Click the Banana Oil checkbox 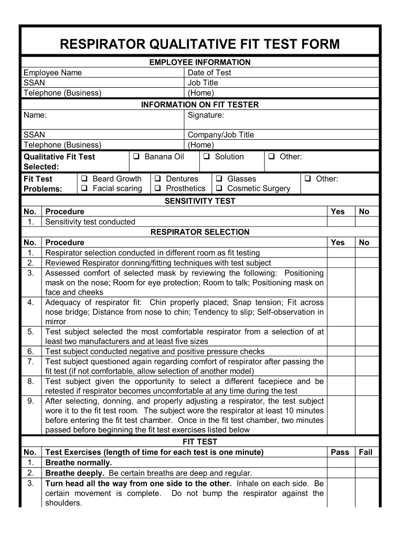136,157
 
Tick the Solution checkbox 207,157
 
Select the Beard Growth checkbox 84,179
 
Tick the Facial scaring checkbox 84,188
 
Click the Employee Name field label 52,73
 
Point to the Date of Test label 209,73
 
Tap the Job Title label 203,82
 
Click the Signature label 206,115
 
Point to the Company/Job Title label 220,134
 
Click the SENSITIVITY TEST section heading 200,201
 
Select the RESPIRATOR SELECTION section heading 200,232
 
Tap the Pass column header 340,452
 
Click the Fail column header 365,452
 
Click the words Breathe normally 79,462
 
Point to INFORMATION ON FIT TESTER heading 200,105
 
